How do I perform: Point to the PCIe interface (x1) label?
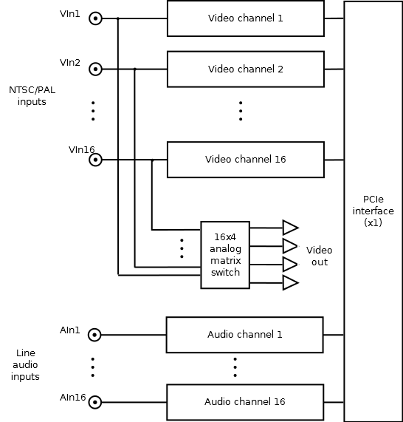pyautogui.click(x=373, y=211)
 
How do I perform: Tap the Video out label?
pyautogui.click(x=319, y=256)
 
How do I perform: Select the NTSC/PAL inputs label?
pyautogui.click(x=32, y=96)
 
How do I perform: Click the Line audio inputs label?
pyautogui.click(x=25, y=364)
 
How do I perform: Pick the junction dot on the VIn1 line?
pyautogui.click(x=118, y=18)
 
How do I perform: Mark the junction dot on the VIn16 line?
pyautogui.click(x=152, y=160)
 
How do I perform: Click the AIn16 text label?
pyautogui.click(x=72, y=397)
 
